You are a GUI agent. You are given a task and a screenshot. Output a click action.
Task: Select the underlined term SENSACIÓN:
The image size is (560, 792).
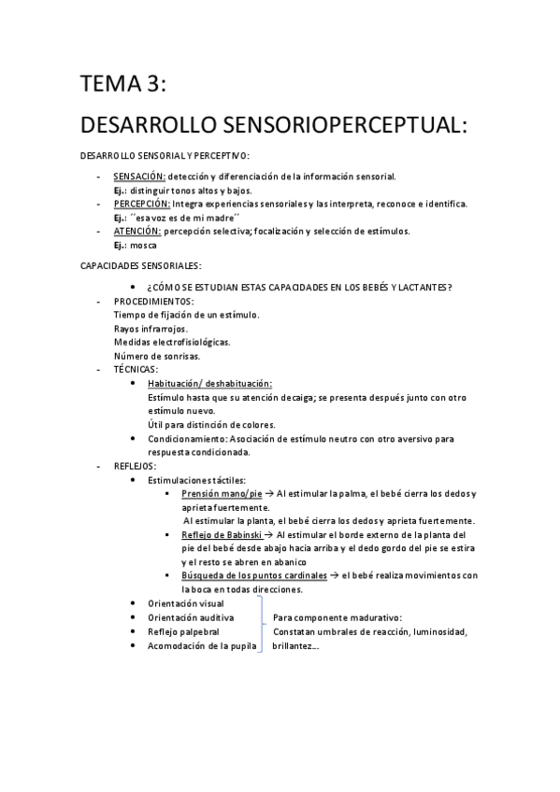(139, 176)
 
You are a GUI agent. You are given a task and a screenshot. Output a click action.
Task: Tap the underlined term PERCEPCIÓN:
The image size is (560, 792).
(142, 204)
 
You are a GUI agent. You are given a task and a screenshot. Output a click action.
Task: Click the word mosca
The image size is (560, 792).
(144, 245)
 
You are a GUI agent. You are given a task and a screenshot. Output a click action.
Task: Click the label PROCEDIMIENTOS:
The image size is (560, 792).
(153, 301)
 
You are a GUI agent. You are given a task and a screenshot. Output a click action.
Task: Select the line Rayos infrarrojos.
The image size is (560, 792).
(150, 328)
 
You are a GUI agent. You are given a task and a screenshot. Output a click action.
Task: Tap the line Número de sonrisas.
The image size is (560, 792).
(156, 356)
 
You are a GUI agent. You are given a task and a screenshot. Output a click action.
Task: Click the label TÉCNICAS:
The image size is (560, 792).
(136, 370)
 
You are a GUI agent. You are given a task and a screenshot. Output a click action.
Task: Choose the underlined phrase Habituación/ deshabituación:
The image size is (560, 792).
(209, 384)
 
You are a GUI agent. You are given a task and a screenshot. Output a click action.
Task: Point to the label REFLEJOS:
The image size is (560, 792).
(136, 465)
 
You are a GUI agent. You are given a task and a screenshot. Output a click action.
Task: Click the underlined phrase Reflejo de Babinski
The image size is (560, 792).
(222, 534)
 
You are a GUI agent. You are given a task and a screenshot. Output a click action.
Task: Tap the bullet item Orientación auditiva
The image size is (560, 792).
(191, 617)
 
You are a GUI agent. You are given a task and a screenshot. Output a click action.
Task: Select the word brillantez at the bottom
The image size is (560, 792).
(294, 645)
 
